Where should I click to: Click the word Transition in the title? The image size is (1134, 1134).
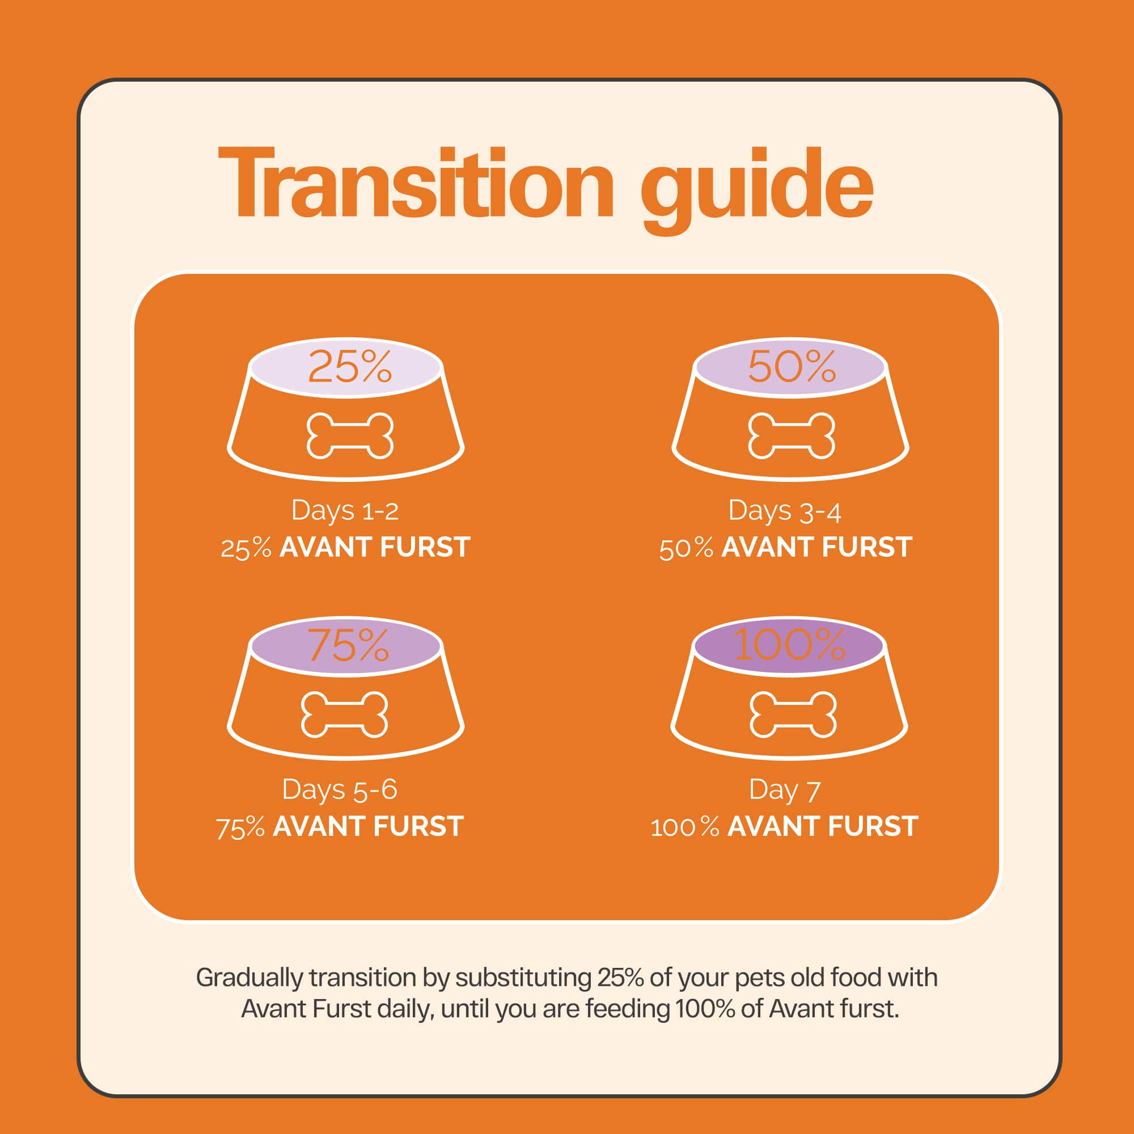tap(416, 183)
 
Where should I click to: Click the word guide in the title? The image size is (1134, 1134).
tap(757, 190)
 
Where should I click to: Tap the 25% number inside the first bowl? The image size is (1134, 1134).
tap(350, 367)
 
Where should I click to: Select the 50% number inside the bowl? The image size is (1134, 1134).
tap(792, 367)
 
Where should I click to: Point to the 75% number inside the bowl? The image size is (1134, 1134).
tap(349, 645)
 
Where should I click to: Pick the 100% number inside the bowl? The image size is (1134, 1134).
tap(789, 645)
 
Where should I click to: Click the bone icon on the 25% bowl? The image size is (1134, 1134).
tap(350, 435)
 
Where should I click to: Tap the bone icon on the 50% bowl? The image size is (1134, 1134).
tap(791, 435)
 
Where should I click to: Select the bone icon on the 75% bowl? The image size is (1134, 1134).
tap(345, 714)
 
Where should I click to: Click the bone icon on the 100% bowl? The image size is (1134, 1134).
tap(793, 714)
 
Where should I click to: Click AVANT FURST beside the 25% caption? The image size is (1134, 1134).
tap(375, 547)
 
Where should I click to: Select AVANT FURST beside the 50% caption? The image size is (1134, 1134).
tap(817, 547)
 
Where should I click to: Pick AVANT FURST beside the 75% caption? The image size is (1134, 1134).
tap(369, 827)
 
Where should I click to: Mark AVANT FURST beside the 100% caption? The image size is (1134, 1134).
tap(823, 827)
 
